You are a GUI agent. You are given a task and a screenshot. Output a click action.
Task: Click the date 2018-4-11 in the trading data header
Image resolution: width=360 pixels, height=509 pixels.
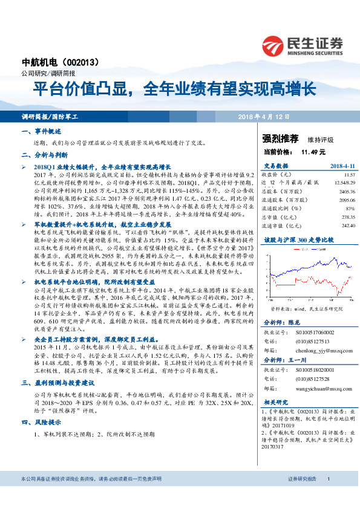click(341, 164)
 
